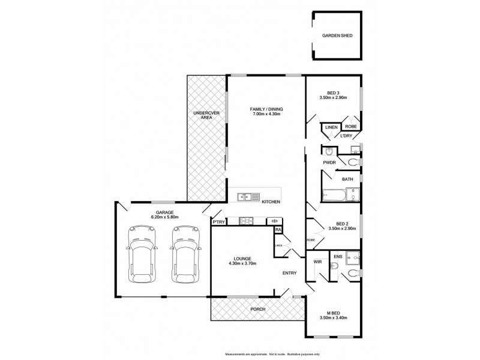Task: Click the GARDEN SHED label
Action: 338,36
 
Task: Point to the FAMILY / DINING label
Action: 266,109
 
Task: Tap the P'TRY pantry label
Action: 218,221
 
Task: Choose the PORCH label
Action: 257,309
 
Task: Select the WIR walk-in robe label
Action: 317,262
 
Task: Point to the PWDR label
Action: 329,162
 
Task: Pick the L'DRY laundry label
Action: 346,136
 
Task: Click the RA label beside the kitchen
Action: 278,230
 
